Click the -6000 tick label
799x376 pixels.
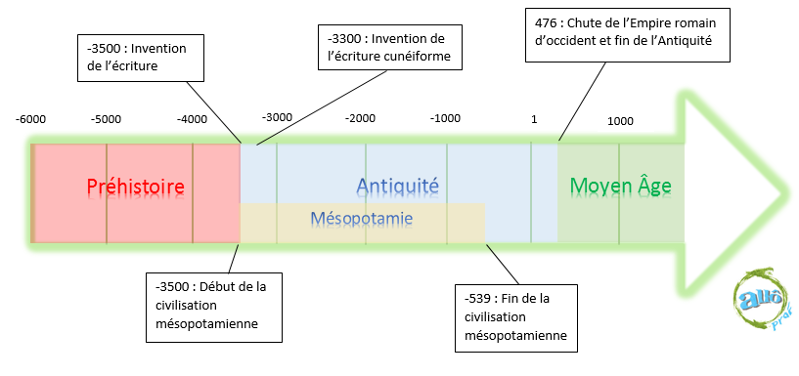coord(30,119)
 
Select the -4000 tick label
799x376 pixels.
coord(192,120)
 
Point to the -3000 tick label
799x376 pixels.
coord(277,117)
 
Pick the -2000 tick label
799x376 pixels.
coord(360,118)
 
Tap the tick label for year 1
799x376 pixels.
coord(534,119)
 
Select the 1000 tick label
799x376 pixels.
coord(620,121)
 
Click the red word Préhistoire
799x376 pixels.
coord(135,186)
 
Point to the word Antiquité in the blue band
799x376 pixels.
coord(397,186)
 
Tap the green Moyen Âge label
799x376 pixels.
coord(620,186)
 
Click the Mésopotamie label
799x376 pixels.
coord(362,217)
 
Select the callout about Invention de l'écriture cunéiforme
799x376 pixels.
coord(393,47)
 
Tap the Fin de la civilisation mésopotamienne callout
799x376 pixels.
coord(515,317)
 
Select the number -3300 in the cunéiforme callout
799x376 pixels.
coord(347,37)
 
